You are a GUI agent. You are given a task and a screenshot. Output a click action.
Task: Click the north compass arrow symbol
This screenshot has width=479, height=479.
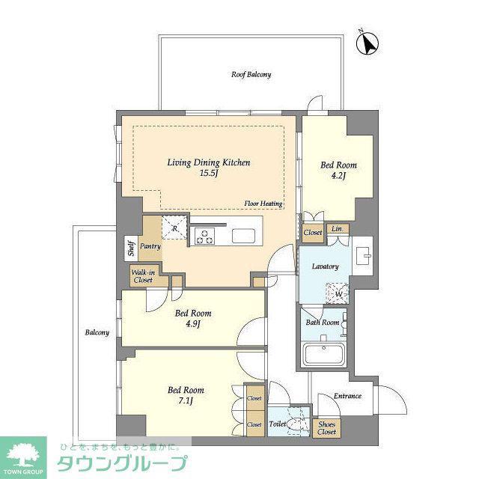[x=367, y=43]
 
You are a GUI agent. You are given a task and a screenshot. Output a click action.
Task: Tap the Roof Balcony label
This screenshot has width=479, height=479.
[x=251, y=75]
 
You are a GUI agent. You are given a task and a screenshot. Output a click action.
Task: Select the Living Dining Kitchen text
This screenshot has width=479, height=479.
[x=209, y=162]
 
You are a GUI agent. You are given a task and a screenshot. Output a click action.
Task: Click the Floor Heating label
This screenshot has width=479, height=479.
[x=263, y=204]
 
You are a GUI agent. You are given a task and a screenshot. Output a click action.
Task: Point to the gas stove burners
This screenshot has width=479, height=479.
[x=204, y=236]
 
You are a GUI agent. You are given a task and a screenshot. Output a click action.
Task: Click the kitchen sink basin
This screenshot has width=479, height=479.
[x=243, y=236]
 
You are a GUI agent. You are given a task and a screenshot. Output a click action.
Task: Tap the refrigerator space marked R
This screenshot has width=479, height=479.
[x=174, y=228]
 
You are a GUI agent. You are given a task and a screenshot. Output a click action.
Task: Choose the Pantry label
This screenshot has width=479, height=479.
[x=150, y=246]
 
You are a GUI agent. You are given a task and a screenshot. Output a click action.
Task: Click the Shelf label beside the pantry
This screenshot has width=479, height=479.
[x=132, y=248]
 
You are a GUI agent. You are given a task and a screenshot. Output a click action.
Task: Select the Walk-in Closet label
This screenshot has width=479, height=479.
[x=143, y=276]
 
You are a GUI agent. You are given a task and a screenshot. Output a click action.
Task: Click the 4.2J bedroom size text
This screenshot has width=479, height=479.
[x=338, y=176]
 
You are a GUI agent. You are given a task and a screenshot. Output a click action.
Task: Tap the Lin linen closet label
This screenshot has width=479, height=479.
[x=337, y=228]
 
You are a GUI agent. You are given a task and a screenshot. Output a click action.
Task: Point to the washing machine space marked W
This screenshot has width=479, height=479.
[x=338, y=294]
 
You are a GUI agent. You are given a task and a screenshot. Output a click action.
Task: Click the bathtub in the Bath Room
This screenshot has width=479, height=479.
[x=324, y=354]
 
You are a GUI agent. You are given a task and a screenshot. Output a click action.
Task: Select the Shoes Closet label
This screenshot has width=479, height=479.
[x=326, y=428]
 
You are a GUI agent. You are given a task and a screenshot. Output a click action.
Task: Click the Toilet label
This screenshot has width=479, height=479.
[x=278, y=424]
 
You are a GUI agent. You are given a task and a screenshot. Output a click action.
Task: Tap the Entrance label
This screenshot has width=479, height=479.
[x=347, y=396]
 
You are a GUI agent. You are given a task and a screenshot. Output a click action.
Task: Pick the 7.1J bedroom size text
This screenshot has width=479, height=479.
[x=186, y=401]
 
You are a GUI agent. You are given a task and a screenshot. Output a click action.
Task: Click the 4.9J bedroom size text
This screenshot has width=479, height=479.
[x=193, y=324]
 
